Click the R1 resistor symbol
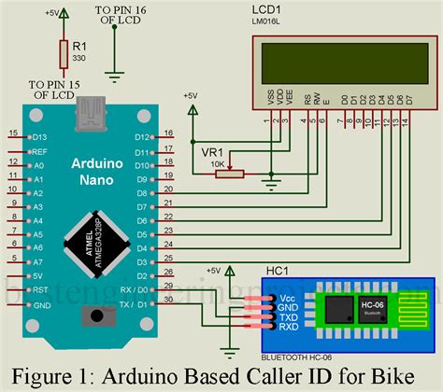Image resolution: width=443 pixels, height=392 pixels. click(63, 54)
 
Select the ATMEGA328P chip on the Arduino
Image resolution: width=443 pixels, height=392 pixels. click(87, 239)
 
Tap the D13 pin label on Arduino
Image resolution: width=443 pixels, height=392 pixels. click(39, 135)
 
